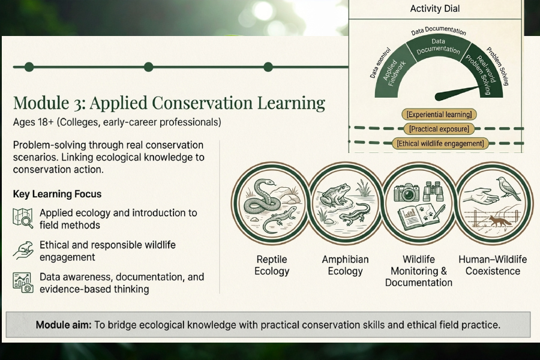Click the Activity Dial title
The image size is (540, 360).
434,8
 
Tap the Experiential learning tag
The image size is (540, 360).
439,115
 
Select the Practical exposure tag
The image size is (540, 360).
439,129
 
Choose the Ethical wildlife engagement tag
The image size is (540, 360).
440,143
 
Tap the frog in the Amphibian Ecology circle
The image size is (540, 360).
335,196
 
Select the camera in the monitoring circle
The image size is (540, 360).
407,193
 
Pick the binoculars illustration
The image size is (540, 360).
432,191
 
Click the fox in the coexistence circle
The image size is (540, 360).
500,221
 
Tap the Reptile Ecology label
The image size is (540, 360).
272,265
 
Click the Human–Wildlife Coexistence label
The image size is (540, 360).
493,265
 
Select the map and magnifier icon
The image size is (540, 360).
23,218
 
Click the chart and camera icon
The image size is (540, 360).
23,283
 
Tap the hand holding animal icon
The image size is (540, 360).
23,250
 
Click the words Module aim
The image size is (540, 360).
64,325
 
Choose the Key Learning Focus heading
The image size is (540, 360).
57,194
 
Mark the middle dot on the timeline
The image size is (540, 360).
148,67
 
